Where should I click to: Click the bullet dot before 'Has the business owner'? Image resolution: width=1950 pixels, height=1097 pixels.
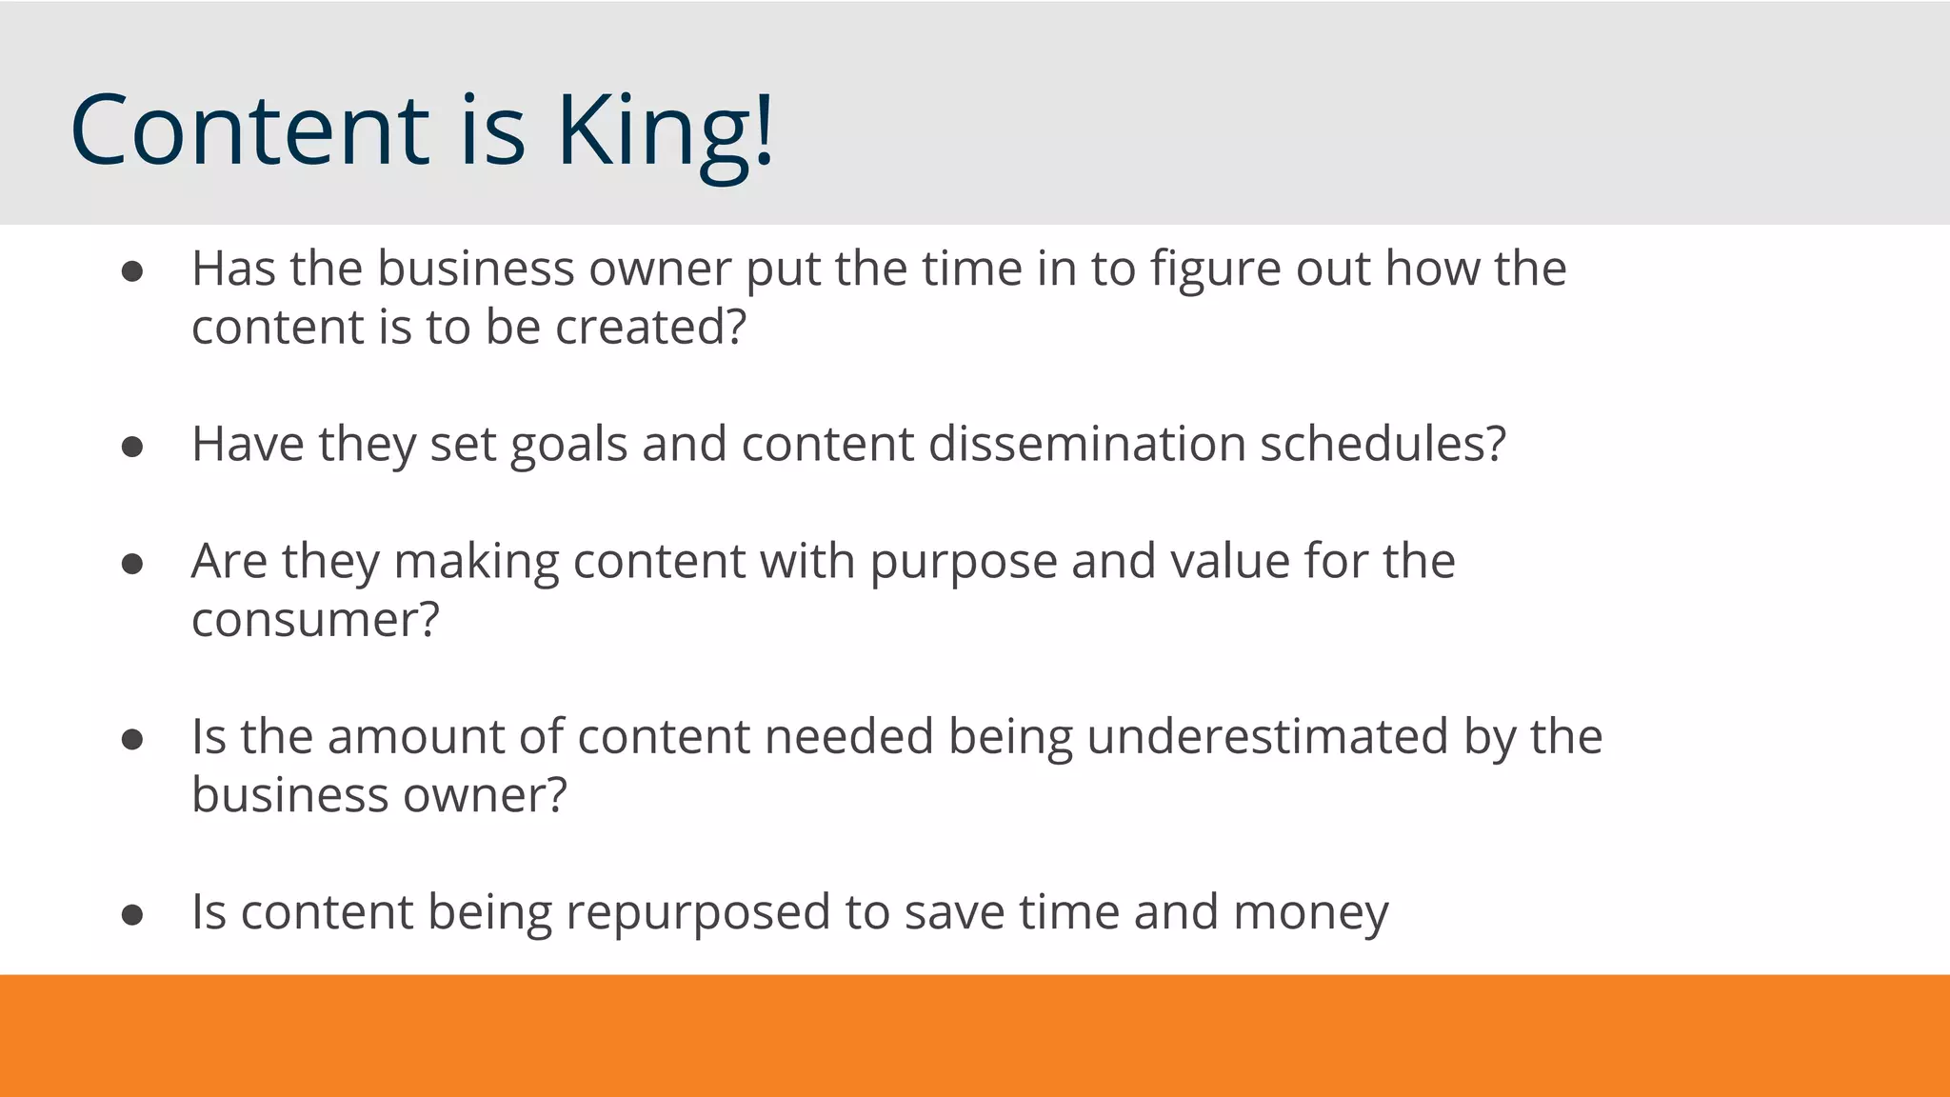coord(132,271)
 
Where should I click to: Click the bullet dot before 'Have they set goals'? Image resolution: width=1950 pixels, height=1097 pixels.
coord(132,447)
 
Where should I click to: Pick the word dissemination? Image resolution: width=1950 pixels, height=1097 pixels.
coord(1086,445)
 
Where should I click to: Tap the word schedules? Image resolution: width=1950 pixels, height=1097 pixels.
coord(1383,445)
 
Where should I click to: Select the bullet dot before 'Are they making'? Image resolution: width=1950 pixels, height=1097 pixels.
coord(132,564)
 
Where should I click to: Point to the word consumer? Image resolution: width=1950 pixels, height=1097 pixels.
coord(315,621)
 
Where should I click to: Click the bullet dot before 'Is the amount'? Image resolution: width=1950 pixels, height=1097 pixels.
coord(132,739)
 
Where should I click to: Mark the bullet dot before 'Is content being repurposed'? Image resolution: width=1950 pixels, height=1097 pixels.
coord(132,915)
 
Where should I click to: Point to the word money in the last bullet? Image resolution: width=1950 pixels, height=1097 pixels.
coord(1310,914)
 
